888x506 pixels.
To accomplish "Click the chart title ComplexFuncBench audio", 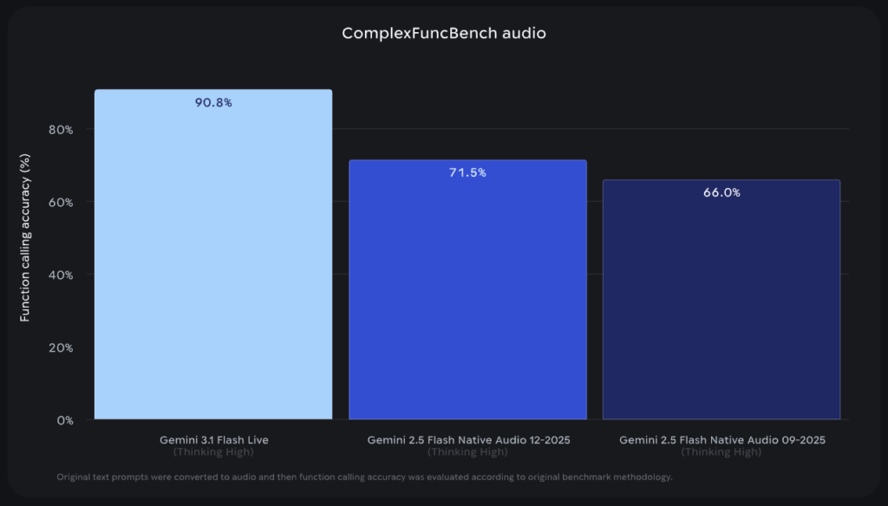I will point(443,34).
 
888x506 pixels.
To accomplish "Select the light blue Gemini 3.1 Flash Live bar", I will point(212,260).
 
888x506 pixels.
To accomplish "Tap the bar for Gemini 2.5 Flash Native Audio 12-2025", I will point(467,295).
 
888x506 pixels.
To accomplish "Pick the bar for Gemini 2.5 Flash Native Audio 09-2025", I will point(721,303).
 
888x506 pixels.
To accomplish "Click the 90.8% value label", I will point(213,102).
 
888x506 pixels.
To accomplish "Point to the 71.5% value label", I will point(467,172).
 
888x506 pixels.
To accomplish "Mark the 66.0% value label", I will point(721,192).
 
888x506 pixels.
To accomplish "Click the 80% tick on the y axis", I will point(62,129).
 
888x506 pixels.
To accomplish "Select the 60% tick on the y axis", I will point(62,202).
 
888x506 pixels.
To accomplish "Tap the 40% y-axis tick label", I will point(62,275).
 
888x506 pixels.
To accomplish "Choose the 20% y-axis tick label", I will point(62,347).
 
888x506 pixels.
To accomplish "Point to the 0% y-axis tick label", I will point(65,420).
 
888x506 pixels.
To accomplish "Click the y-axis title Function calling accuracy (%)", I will point(25,237).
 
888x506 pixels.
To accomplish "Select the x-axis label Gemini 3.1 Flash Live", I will point(213,440).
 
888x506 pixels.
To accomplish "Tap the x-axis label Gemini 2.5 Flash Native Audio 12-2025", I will point(467,440).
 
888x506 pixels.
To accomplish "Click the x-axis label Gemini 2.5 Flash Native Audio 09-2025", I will point(721,440).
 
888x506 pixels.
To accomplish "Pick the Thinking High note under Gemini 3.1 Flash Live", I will point(213,452).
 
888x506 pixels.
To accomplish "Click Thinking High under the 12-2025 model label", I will point(467,452).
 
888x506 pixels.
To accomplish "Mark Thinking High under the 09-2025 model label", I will point(721,452).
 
